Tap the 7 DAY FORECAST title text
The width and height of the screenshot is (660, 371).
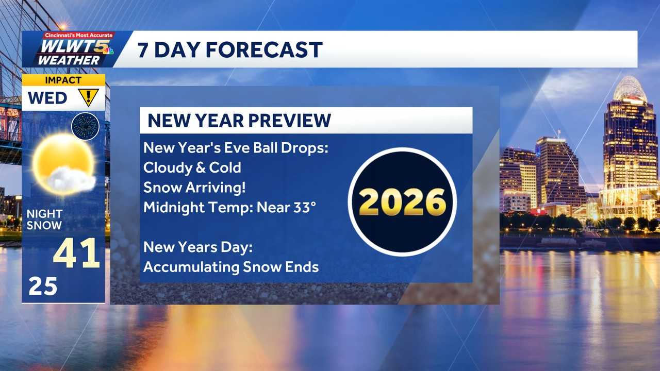coord(230,50)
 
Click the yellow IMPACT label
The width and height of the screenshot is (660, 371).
coord(63,80)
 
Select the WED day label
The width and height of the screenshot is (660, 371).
coord(47,98)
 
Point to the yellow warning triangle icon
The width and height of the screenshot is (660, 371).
coord(88,97)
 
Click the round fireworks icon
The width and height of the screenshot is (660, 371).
coord(85,126)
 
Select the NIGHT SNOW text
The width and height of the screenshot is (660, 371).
coord(44,220)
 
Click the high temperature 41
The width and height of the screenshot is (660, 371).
coord(76,253)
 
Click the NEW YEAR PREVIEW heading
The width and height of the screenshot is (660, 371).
coord(239,121)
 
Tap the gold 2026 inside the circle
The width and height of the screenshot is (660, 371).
coord(402,201)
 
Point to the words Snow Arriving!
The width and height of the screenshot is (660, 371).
coord(194,188)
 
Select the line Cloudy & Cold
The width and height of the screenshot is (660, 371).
coord(192,167)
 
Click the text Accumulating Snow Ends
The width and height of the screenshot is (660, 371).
coord(231,267)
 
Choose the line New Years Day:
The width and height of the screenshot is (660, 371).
coord(198,247)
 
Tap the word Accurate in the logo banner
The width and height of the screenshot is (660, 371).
coord(99,35)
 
